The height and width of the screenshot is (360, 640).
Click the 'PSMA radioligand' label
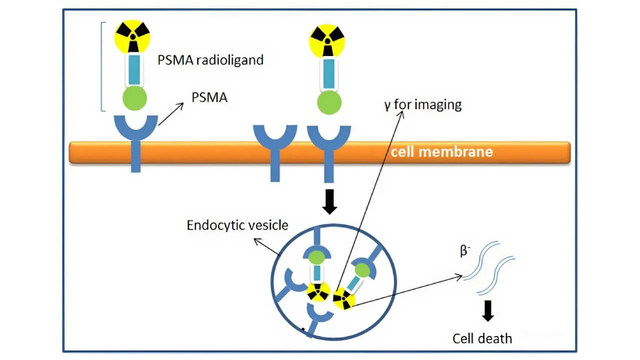point(210,61)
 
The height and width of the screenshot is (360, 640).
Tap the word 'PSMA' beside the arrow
point(209,97)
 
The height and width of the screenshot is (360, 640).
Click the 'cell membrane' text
point(441,151)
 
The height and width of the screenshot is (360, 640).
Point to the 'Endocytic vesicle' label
point(237,225)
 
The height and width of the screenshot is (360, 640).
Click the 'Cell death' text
point(482,338)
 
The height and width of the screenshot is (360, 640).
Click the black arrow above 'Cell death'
point(489,311)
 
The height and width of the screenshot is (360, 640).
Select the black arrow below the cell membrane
point(329,201)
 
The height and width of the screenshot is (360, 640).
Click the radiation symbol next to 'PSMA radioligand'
point(132,36)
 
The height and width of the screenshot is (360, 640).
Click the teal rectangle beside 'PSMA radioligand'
point(134,69)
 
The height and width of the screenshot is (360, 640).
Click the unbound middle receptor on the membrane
point(275,150)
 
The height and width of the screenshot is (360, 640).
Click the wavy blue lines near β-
point(490,267)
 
